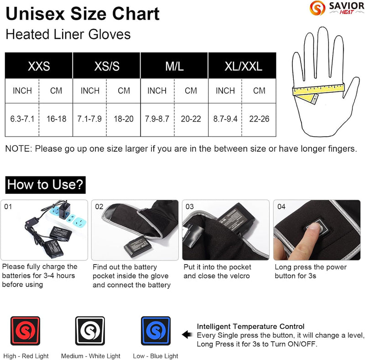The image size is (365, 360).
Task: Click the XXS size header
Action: tap(39, 66)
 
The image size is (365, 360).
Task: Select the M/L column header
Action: tap(174, 66)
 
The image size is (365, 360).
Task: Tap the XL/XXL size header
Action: tap(242, 66)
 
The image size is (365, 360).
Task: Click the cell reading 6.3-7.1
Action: tap(22, 119)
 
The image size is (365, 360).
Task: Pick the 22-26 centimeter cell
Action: tap(259, 119)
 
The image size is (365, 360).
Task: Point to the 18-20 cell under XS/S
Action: tap(124, 119)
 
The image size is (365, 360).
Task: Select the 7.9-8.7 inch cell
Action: tap(157, 119)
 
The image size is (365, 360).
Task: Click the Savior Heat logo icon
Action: tap(314, 8)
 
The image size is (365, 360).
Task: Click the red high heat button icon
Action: tap(25, 332)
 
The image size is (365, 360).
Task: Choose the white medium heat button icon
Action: tap(90, 332)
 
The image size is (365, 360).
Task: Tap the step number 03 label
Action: tap(190, 206)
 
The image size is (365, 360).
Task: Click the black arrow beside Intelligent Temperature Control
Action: tap(188, 335)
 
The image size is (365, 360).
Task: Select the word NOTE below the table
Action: tap(17, 148)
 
